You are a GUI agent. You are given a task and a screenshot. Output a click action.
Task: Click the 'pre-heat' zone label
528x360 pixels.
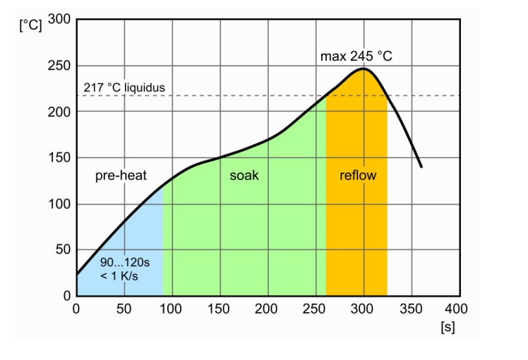tap(121, 176)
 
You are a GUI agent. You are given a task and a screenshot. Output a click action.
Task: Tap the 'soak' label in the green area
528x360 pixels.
tap(244, 176)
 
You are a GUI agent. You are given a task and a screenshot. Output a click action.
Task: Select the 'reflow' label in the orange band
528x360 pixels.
tap(358, 176)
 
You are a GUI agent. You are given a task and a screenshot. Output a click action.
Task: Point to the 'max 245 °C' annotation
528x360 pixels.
tap(356, 56)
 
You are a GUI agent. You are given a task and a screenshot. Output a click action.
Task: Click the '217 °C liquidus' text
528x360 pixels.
tap(124, 88)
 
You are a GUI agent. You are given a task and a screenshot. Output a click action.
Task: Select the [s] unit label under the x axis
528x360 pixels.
tap(446, 328)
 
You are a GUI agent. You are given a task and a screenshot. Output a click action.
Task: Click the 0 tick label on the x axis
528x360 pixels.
tap(76, 308)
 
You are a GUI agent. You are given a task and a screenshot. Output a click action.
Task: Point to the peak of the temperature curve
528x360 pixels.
tap(364, 68)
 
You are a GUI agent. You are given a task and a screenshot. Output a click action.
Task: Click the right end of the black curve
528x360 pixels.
tap(421, 167)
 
